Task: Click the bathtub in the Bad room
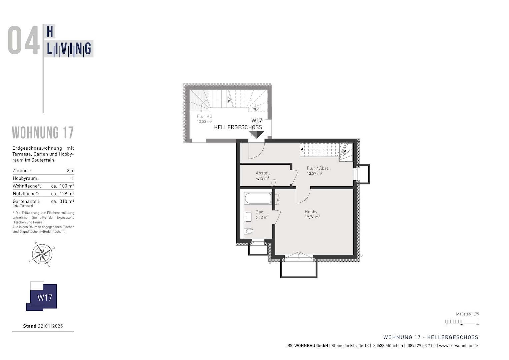click(x=258, y=198)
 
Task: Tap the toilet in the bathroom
click(x=249, y=231)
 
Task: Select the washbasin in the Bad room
click(x=248, y=217)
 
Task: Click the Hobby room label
click(x=311, y=212)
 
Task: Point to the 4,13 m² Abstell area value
click(x=262, y=178)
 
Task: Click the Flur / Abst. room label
click(x=318, y=168)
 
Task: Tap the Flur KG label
click(x=205, y=116)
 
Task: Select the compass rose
click(x=42, y=254)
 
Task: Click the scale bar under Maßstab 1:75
click(x=462, y=322)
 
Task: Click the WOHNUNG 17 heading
click(x=43, y=133)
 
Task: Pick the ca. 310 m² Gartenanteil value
click(x=63, y=201)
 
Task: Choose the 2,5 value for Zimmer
click(x=70, y=171)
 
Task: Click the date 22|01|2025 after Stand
click(x=50, y=326)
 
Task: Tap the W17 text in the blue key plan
click(x=45, y=298)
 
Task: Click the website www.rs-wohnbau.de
click(x=458, y=346)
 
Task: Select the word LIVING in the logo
click(x=69, y=49)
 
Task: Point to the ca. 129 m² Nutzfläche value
click(x=63, y=194)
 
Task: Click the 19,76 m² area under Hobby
click(x=312, y=217)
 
